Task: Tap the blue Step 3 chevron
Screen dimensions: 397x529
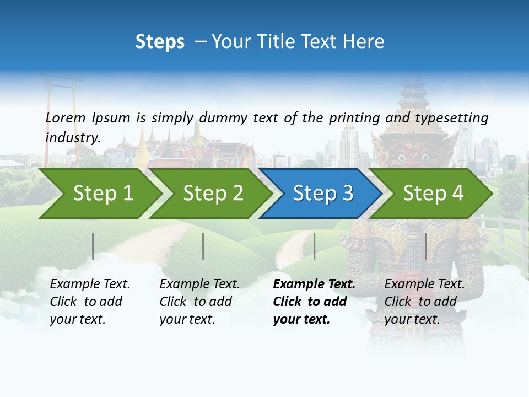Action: [x=323, y=193]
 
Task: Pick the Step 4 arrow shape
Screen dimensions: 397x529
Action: [x=433, y=193]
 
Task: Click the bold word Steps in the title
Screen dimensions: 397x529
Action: [x=160, y=41]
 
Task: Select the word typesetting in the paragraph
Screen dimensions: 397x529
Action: [x=451, y=117]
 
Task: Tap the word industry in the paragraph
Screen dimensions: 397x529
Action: [x=73, y=137]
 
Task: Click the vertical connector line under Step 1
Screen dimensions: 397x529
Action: [x=93, y=246]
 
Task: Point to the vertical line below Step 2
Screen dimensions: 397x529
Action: [x=203, y=246]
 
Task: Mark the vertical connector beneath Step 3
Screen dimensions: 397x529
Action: [x=314, y=246]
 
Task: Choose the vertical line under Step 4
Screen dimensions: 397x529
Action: [x=425, y=246]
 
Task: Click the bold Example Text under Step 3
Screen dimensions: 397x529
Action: [x=314, y=285]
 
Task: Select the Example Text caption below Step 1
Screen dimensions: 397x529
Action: [x=90, y=285]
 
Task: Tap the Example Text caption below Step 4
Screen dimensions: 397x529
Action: [x=424, y=285]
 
